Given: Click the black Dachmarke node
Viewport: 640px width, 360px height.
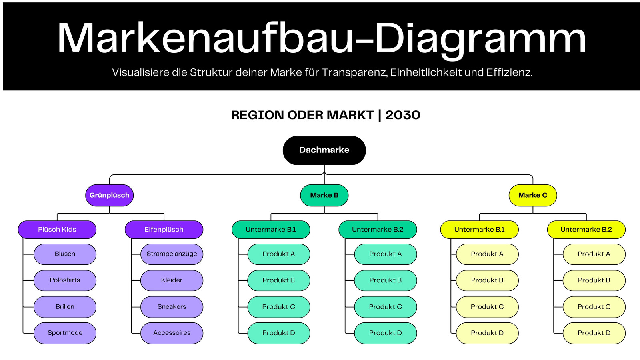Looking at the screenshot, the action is point(324,150).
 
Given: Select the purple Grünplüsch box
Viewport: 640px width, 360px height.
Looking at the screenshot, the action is point(110,196).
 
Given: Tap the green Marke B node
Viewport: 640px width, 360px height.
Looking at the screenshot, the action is point(324,196).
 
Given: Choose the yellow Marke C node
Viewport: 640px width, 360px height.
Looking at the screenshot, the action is point(533,196).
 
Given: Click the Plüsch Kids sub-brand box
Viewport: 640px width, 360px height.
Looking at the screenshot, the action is point(57,230).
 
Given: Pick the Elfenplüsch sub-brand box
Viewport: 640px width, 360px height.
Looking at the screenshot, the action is point(164,230).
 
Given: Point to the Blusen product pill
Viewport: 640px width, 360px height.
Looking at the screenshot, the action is point(65,254).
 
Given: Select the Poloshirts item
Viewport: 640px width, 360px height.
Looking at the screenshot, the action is point(65,280).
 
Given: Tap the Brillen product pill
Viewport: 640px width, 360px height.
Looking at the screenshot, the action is point(65,307).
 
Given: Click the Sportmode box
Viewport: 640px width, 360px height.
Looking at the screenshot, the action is point(65,333).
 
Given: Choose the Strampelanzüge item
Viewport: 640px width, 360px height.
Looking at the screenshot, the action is point(172,254).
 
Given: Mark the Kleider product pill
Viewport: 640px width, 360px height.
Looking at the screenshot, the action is point(172,280).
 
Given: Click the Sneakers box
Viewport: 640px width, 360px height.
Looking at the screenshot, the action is point(172,307).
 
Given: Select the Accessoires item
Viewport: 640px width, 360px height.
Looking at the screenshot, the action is point(172,333).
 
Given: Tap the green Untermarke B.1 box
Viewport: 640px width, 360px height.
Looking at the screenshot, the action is point(271,230).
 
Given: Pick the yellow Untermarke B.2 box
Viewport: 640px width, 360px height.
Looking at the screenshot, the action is point(586,230).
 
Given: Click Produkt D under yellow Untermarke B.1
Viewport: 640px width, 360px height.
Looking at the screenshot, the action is point(487,333).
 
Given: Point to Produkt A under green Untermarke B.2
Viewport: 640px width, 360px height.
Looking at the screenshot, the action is point(386,254).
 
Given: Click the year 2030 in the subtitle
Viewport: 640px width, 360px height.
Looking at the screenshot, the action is point(402,115).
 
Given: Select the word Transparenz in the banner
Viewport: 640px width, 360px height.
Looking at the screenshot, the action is point(354,72).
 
